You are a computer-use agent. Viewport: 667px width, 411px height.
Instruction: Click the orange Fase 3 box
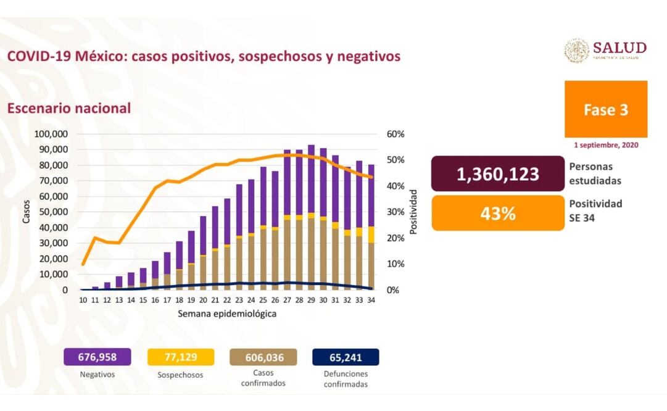(x=606, y=109)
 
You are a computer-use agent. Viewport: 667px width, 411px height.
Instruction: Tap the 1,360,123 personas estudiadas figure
(x=498, y=175)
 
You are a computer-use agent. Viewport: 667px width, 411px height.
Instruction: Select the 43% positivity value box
(x=498, y=214)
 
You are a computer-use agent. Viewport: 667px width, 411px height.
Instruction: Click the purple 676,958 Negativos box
(x=97, y=357)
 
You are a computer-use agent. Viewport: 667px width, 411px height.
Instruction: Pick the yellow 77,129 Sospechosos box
(x=181, y=357)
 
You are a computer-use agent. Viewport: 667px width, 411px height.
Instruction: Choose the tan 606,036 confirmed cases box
(x=263, y=357)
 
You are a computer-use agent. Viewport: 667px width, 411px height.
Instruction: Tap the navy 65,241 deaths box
(x=346, y=357)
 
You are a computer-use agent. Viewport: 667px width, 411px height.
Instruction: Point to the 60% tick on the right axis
(x=396, y=134)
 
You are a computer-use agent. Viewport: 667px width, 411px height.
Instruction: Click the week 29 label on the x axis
(x=312, y=300)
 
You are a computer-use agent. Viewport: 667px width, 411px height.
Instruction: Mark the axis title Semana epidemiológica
(x=226, y=313)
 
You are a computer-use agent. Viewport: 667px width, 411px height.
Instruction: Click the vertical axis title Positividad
(x=414, y=212)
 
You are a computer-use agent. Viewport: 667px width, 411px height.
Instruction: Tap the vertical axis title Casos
(x=27, y=212)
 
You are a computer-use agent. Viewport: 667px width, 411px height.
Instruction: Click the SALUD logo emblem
(x=576, y=51)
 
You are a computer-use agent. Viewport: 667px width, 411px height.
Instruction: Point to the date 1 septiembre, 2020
(x=606, y=146)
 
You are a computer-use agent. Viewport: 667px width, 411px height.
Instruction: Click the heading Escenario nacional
(x=68, y=108)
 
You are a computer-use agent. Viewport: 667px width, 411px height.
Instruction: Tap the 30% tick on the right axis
(x=396, y=212)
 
